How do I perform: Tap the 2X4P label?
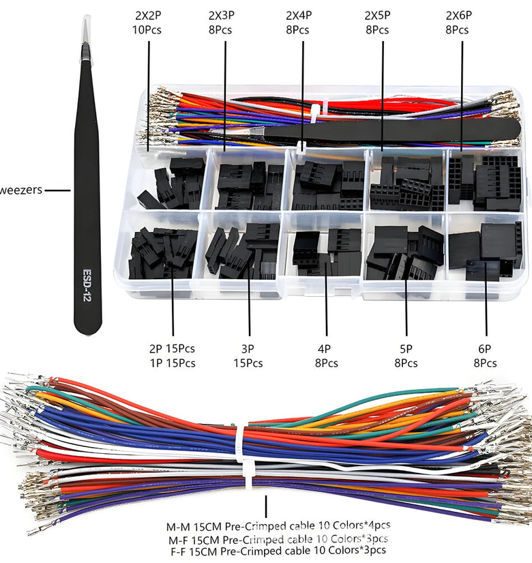[x=297, y=15]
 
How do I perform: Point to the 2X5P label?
[x=376, y=15]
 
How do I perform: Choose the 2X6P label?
[x=457, y=15]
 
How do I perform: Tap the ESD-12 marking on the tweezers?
[x=87, y=279]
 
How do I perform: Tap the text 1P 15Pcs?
[x=172, y=363]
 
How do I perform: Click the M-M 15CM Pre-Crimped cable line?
[x=279, y=526]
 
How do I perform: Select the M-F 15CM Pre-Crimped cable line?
[x=279, y=538]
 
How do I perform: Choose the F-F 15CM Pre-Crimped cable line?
[x=279, y=550]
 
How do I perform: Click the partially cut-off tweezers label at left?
[x=21, y=190]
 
